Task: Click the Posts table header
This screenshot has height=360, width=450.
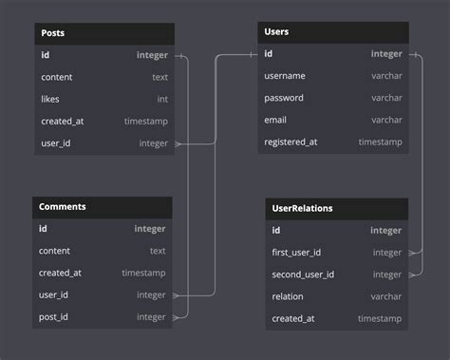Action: [53, 32]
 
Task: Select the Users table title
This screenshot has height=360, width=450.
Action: [276, 32]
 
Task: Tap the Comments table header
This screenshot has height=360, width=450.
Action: [62, 206]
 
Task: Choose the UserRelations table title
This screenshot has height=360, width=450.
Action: [302, 207]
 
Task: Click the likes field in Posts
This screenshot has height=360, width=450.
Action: [50, 99]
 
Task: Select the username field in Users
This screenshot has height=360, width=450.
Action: [285, 76]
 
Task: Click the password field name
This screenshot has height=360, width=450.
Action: [284, 98]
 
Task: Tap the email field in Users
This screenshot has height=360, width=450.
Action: [275, 120]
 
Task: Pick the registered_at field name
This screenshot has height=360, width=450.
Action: [291, 142]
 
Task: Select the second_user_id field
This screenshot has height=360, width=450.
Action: [303, 275]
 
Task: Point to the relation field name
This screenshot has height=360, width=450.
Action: [288, 296]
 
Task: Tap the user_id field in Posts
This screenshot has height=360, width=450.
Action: [56, 143]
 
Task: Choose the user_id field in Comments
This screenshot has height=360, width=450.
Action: [54, 295]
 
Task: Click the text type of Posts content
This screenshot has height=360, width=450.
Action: [159, 77]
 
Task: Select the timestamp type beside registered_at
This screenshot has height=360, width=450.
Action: [380, 142]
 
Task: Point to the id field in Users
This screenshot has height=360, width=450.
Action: [270, 54]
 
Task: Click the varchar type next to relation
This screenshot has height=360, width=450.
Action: [386, 296]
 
